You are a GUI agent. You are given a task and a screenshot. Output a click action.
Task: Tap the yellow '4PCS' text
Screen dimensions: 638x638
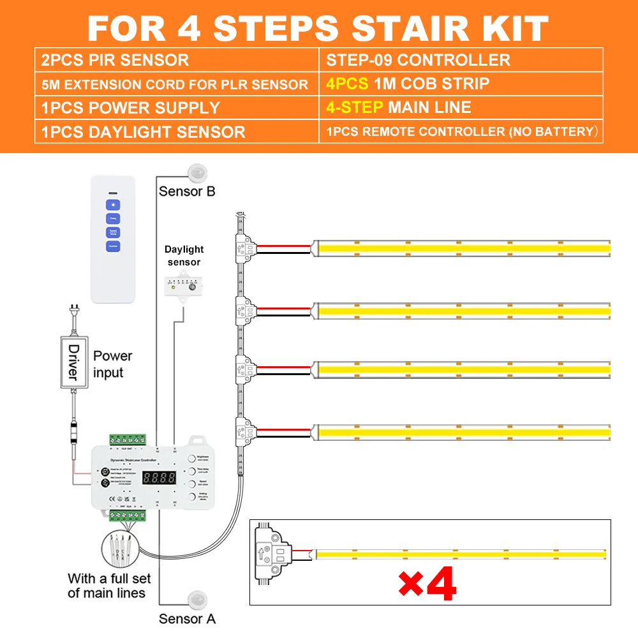pos(347,84)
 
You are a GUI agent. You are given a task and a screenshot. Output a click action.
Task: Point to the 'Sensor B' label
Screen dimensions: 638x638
pos(187,191)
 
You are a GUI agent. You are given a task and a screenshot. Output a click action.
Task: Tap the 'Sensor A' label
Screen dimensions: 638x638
pos(187,618)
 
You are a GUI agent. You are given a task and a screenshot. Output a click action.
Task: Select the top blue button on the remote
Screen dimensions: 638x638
pos(113,205)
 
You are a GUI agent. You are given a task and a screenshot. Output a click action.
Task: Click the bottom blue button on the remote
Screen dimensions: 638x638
pos(113,246)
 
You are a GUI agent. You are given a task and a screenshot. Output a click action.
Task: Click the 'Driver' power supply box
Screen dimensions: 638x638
pos(73,362)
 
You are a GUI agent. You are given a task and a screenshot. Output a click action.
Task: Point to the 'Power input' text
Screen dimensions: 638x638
pos(112,364)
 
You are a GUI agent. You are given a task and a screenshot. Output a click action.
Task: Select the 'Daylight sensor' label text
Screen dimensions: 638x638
pos(184,256)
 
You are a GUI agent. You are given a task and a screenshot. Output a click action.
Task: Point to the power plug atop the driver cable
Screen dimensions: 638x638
pos(74,315)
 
